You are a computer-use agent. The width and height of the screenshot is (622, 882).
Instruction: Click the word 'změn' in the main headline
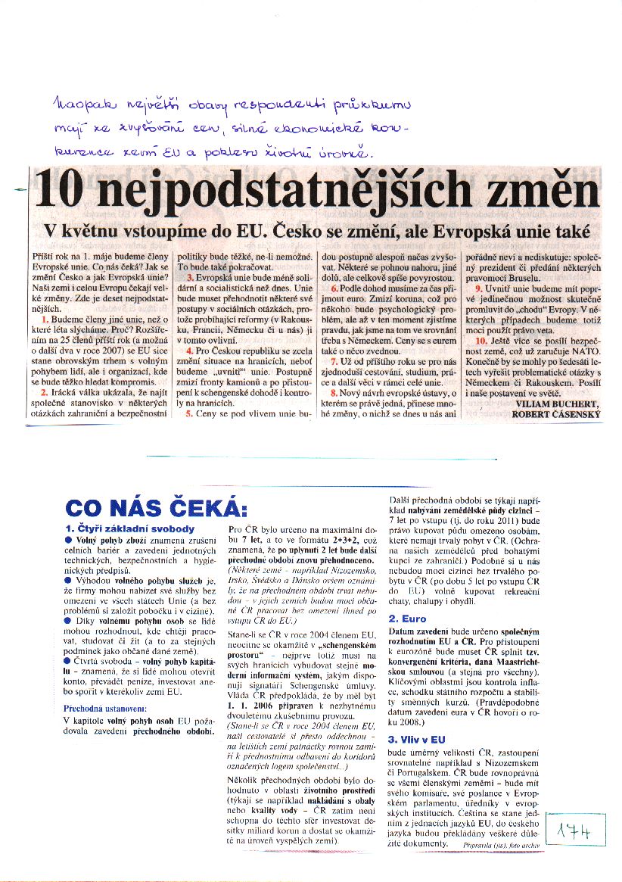(543, 192)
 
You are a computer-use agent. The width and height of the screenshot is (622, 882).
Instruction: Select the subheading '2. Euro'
(409, 619)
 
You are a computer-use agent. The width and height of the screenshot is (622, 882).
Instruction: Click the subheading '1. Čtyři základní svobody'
(130, 528)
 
